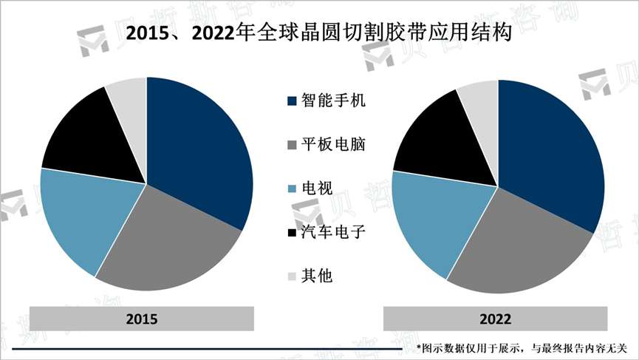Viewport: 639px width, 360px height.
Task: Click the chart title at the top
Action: pos(318,33)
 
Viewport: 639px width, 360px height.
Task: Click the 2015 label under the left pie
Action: pos(142,319)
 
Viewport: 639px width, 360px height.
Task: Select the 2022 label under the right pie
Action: pos(495,319)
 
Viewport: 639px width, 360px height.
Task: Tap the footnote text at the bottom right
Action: pos(522,347)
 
